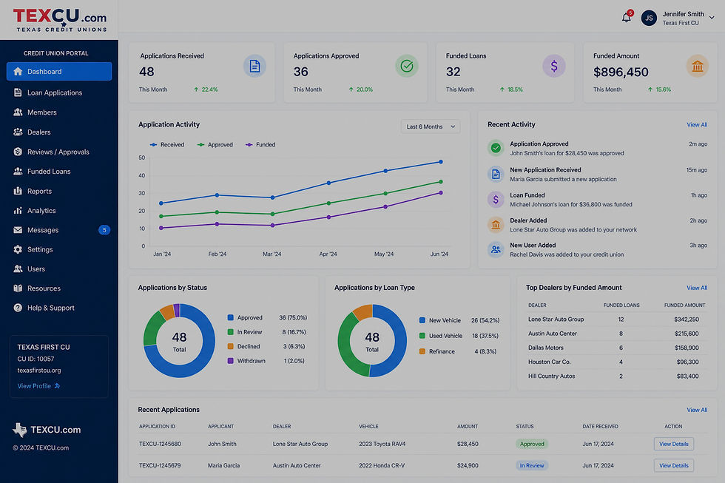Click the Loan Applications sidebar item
(x=48, y=92)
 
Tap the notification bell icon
(x=627, y=18)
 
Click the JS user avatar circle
(x=649, y=18)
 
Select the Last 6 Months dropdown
(x=430, y=126)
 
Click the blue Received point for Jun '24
(x=441, y=162)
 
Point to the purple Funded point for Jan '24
(x=161, y=228)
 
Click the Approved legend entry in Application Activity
(x=215, y=145)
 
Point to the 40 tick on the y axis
(x=141, y=175)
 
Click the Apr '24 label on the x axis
(x=328, y=254)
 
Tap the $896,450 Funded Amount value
(x=621, y=72)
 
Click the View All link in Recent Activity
(x=697, y=125)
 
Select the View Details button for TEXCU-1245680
(x=674, y=444)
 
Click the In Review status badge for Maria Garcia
(x=532, y=465)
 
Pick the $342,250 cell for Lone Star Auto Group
(x=687, y=320)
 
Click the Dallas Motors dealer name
(x=546, y=348)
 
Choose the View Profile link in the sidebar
(x=38, y=386)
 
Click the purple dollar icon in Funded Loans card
(x=554, y=66)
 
